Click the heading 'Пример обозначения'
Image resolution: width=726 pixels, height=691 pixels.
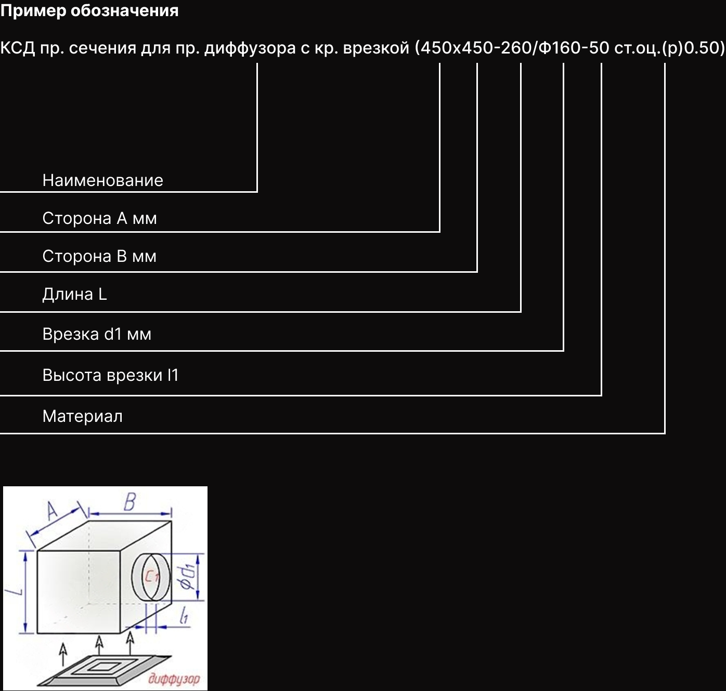tap(89, 10)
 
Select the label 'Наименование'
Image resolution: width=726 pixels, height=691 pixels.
tap(102, 180)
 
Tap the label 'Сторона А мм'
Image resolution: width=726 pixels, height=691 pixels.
tap(99, 218)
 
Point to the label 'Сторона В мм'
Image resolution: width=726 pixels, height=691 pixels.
tap(99, 256)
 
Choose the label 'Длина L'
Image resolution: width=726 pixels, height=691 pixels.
tap(74, 294)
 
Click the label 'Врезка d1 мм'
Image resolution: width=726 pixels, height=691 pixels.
tap(97, 334)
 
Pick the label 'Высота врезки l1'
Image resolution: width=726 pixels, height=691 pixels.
tap(110, 375)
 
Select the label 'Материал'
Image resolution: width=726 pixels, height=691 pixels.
tap(82, 416)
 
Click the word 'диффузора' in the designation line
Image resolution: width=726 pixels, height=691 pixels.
tap(250, 48)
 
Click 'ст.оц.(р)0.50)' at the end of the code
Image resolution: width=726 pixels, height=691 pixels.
tap(669, 48)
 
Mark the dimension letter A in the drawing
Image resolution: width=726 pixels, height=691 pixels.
tap(52, 511)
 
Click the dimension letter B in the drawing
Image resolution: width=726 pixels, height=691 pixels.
tap(129, 502)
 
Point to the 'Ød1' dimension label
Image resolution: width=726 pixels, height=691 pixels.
tap(187, 576)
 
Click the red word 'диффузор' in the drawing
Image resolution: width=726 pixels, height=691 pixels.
tap(174, 679)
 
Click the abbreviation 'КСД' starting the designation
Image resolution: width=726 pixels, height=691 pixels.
tap(18, 48)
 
